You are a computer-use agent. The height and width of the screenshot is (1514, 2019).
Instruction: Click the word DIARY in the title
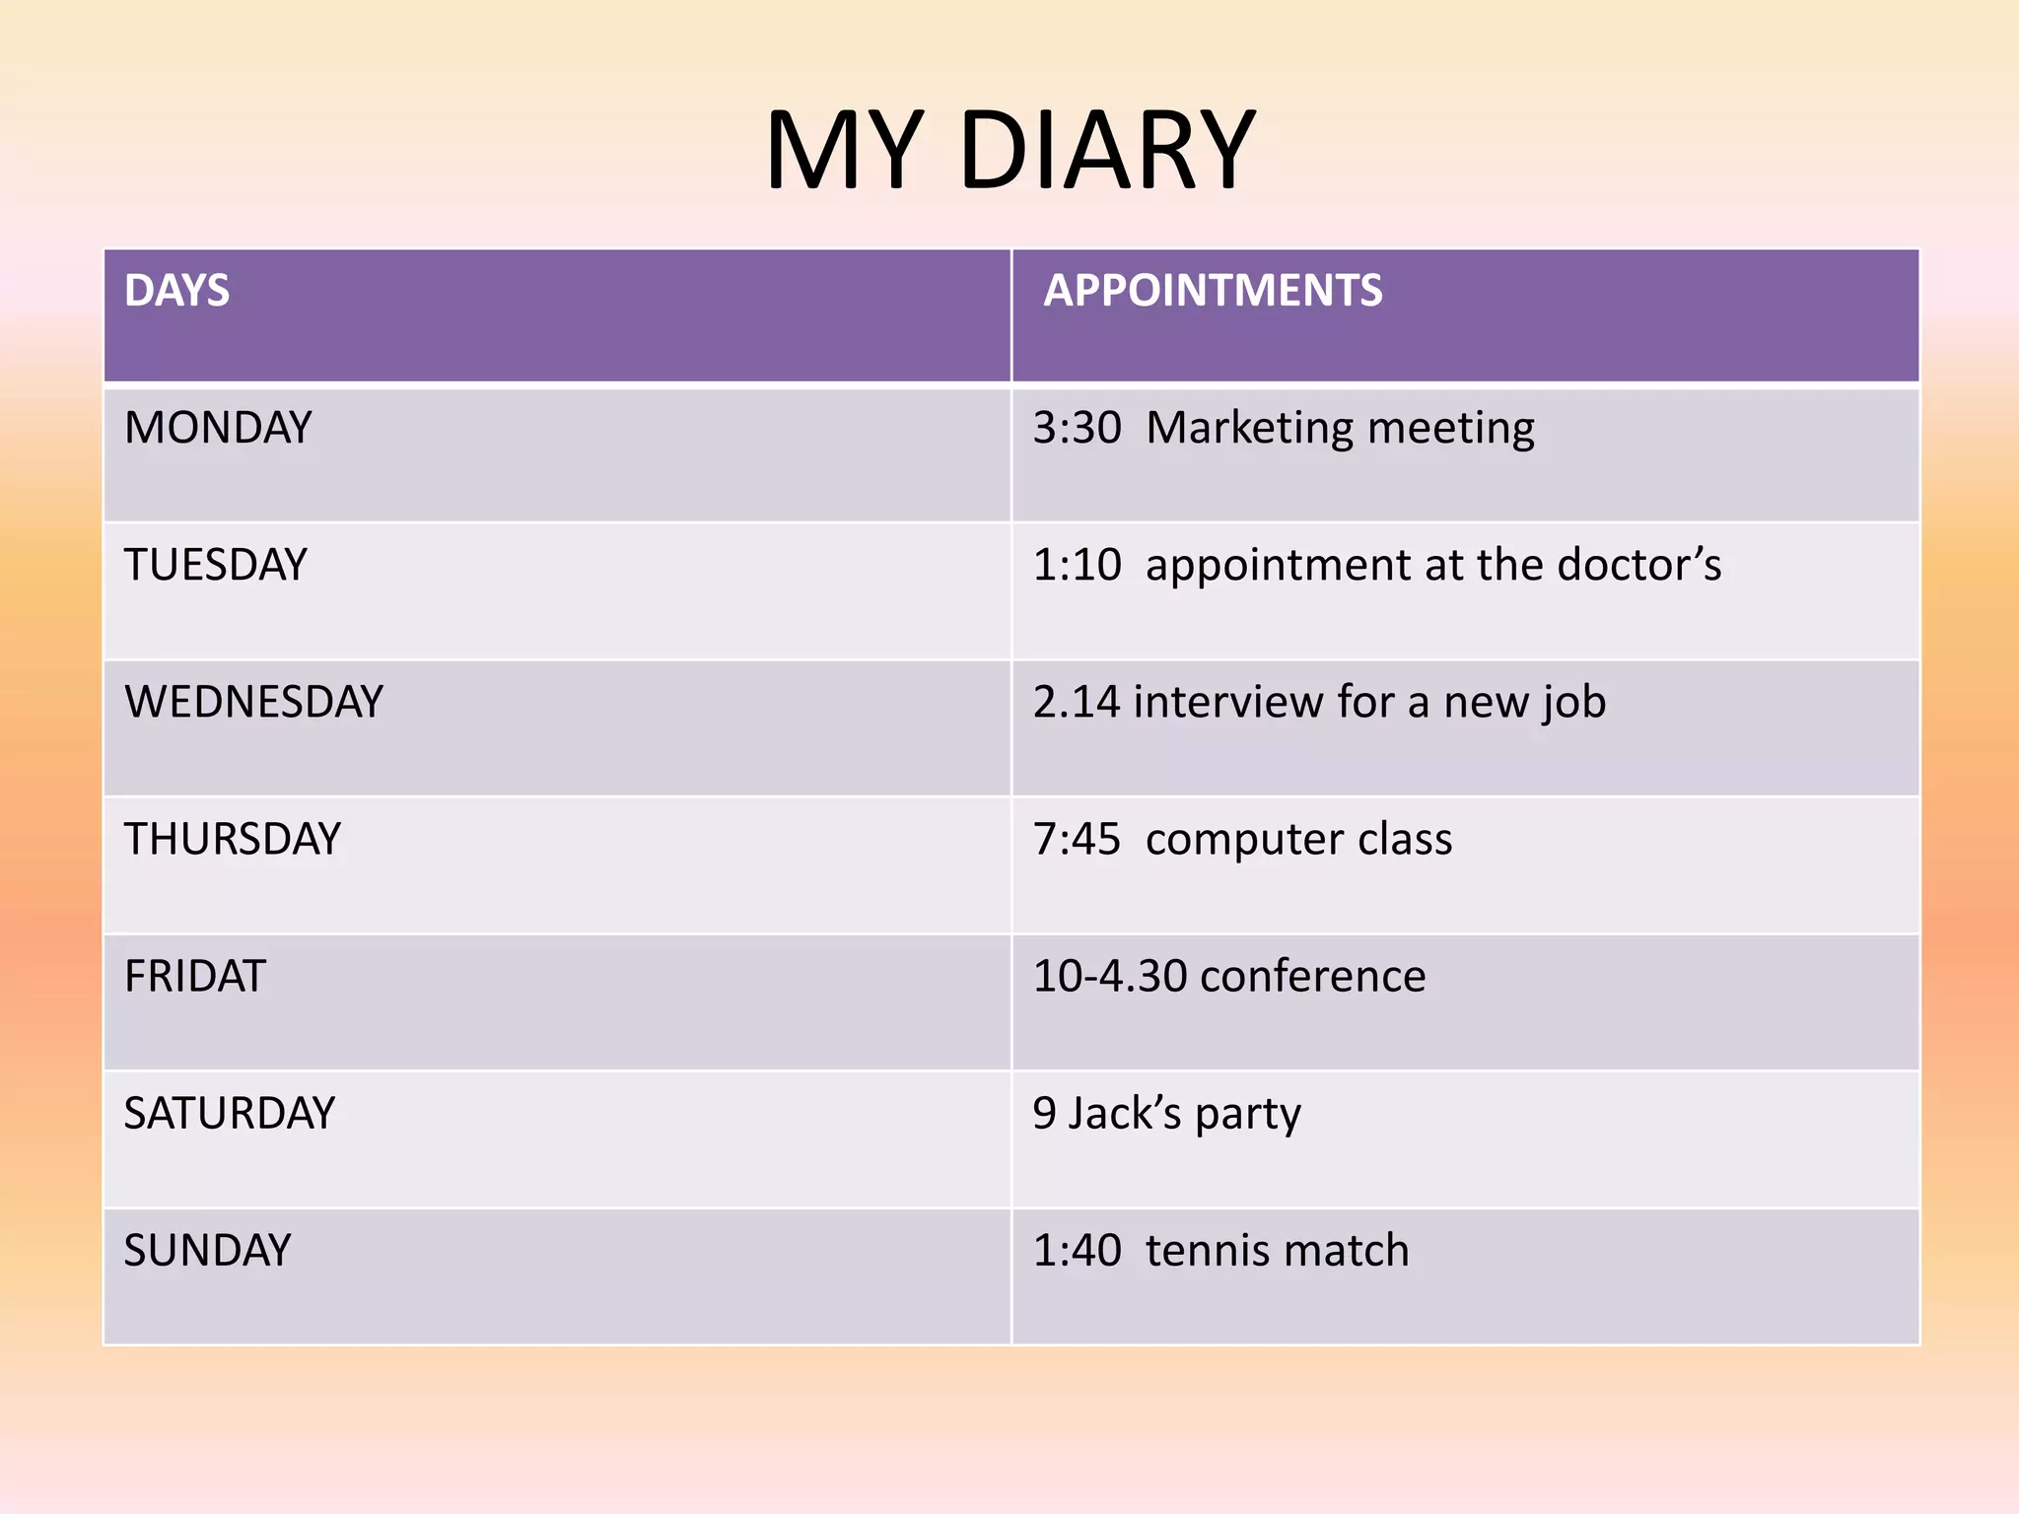pos(1106,151)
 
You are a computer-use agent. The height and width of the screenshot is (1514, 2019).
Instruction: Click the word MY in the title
pos(845,151)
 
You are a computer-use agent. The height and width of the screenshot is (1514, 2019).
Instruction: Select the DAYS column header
pos(176,291)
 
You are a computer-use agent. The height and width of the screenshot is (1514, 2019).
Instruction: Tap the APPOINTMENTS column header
pos(1213,291)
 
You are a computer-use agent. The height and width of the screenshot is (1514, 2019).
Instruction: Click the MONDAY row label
pos(218,428)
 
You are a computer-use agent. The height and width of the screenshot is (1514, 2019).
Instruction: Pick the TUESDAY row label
pos(215,565)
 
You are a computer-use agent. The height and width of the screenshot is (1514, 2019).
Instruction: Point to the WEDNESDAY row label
pos(253,702)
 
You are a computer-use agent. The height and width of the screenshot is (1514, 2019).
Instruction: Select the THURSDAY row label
pos(232,839)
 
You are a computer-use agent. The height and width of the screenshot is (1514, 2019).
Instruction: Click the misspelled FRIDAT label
pos(195,976)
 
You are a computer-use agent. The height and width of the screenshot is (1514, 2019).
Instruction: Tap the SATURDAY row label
pos(229,1113)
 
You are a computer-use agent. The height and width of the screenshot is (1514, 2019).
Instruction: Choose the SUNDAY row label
pos(207,1250)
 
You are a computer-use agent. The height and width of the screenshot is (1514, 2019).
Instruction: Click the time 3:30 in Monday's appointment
pos(1077,428)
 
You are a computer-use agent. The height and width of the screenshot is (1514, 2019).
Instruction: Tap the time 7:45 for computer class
pos(1077,839)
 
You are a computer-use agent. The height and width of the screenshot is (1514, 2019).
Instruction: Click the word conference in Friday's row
pos(1312,976)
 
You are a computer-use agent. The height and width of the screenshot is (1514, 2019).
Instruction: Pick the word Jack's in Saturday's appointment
pos(1125,1113)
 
